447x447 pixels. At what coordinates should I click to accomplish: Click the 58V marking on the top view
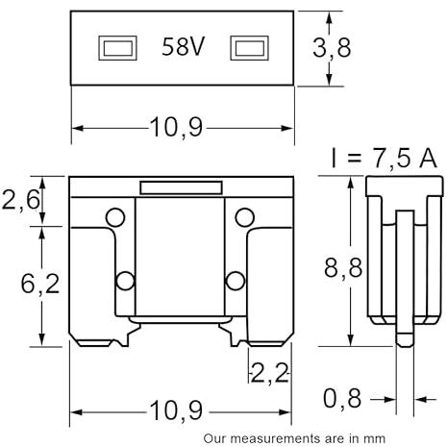[183, 47]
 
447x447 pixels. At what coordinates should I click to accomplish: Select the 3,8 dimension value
[332, 48]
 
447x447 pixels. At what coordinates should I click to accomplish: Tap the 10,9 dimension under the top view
[177, 127]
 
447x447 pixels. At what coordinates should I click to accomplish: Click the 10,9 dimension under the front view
[177, 410]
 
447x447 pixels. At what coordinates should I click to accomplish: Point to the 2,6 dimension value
[21, 200]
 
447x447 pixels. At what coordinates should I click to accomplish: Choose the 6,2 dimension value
[40, 284]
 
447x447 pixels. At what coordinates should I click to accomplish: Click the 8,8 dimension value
[343, 267]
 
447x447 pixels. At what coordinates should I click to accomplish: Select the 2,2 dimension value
[270, 373]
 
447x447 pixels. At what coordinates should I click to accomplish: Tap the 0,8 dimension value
[342, 398]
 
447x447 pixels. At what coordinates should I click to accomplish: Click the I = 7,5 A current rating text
[384, 159]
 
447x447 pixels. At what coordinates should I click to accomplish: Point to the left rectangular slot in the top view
[117, 48]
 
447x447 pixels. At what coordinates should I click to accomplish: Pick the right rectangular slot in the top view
[250, 48]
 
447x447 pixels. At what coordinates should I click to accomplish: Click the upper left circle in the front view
[115, 217]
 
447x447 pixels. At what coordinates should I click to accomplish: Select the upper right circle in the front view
[245, 217]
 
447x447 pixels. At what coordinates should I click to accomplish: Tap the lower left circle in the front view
[125, 281]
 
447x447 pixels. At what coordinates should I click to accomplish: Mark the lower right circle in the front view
[236, 281]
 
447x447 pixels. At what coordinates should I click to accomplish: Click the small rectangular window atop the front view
[181, 187]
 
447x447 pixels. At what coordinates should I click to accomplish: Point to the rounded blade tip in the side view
[405, 339]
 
